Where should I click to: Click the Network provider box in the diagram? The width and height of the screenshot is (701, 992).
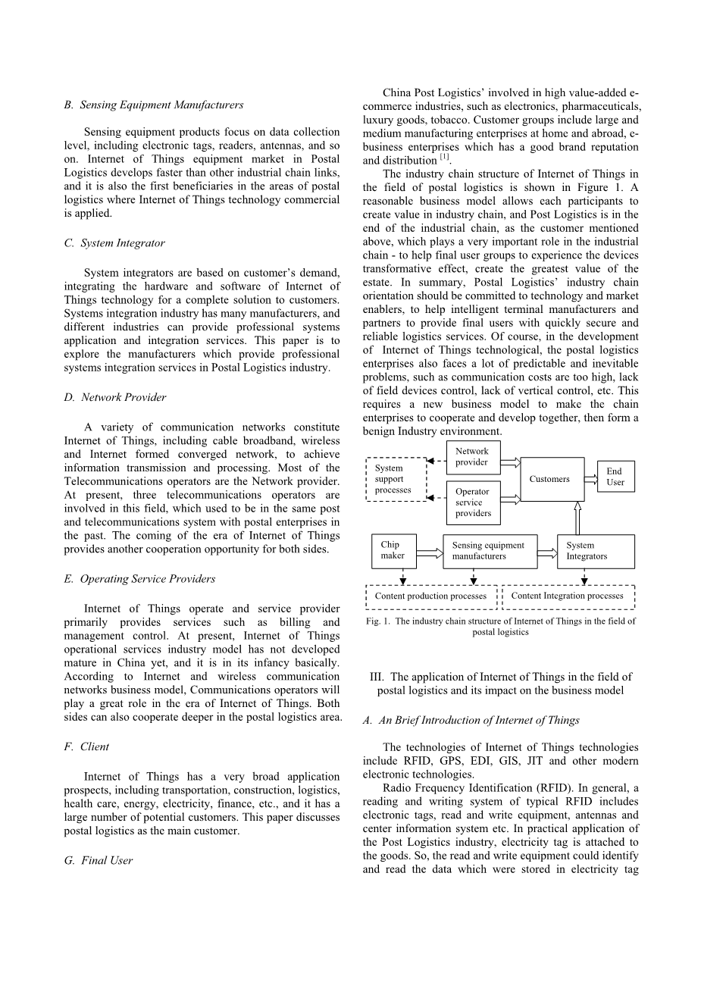click(x=473, y=457)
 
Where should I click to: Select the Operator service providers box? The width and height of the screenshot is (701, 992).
click(x=473, y=502)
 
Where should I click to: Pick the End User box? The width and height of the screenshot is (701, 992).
click(x=615, y=477)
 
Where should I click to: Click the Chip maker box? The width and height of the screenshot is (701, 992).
click(x=393, y=551)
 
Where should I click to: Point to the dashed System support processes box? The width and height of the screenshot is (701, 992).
click(x=396, y=479)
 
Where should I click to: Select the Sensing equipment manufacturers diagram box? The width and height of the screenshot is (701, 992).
click(x=490, y=551)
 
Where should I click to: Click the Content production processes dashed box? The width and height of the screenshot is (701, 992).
click(x=431, y=596)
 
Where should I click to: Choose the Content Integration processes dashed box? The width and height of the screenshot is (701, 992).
click(x=568, y=596)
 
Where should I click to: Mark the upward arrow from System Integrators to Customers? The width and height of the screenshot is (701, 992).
click(x=577, y=518)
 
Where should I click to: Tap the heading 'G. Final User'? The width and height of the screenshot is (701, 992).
click(x=99, y=860)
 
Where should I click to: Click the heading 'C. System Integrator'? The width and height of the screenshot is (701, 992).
click(x=114, y=243)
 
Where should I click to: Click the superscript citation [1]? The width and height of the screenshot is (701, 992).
click(x=445, y=158)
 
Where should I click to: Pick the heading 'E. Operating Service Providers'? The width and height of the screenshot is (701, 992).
click(x=139, y=579)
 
